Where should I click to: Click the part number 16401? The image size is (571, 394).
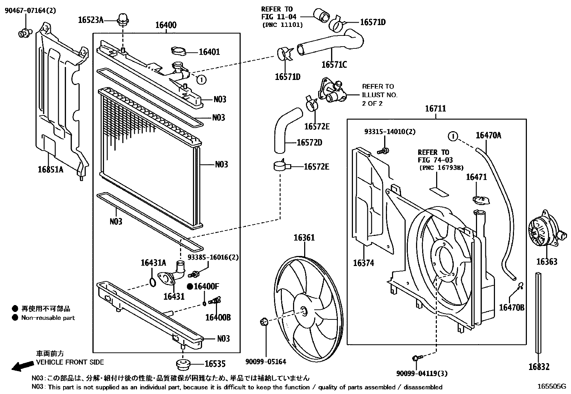coord(209,52)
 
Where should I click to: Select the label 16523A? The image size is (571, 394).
coord(90,20)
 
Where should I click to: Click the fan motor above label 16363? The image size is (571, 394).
coord(543,233)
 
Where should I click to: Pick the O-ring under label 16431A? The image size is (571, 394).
coord(152,281)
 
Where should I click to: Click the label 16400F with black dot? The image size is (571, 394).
coord(203,286)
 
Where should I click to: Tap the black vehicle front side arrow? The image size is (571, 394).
coord(21,366)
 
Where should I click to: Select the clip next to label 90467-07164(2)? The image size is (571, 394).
coord(24,33)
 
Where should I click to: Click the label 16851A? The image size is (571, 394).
coord(50,169)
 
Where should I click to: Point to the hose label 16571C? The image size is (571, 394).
coord(334,65)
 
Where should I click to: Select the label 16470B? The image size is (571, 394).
coord(512,308)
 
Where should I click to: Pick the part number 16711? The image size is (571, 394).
coord(435,109)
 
